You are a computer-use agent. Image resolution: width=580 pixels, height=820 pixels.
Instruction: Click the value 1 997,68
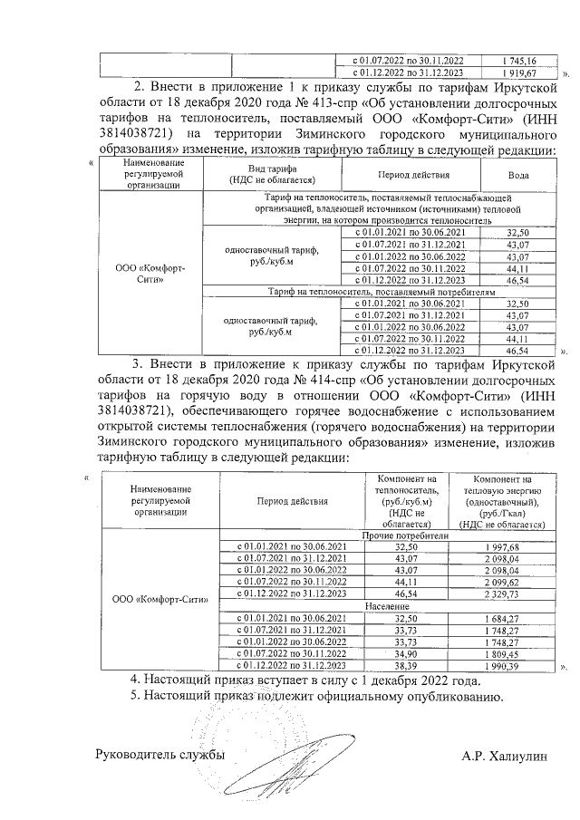pos(501,547)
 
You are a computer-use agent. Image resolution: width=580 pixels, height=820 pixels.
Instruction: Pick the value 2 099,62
pos(501,582)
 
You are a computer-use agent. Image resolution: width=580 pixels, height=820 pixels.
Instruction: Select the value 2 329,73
pos(501,593)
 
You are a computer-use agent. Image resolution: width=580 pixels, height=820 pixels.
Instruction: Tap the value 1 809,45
pos(501,652)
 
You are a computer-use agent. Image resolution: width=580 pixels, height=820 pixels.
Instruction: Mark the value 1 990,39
pos(501,664)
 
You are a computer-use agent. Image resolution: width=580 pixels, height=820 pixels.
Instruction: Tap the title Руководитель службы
pos(159,755)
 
